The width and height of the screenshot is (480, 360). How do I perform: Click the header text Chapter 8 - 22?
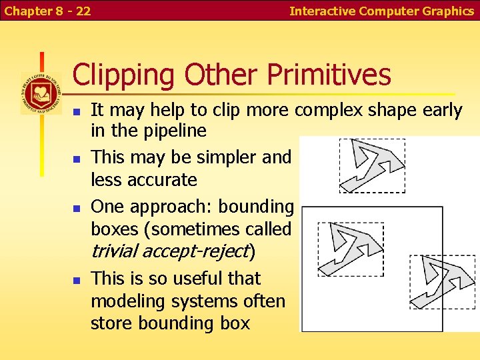click(x=47, y=11)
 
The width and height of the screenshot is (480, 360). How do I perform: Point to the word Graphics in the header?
click(x=448, y=11)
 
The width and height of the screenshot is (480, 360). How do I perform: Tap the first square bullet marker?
click(x=77, y=111)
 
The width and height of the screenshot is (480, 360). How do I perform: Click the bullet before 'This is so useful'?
click(x=77, y=279)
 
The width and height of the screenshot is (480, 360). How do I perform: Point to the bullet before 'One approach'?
click(x=77, y=208)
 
